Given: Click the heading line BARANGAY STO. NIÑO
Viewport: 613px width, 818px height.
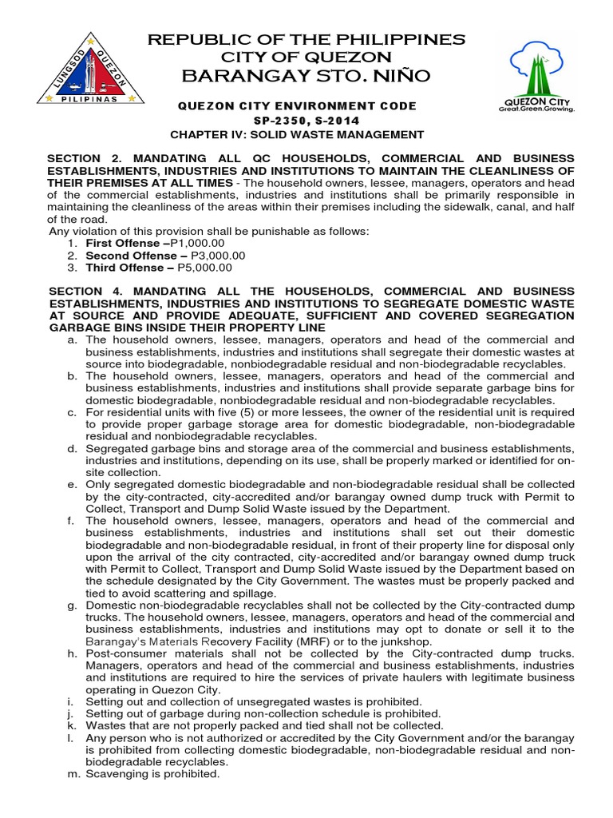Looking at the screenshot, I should click(307, 76).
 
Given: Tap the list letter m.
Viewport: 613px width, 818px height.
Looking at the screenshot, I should click(72, 774).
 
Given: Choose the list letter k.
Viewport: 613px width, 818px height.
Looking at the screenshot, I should click(72, 725).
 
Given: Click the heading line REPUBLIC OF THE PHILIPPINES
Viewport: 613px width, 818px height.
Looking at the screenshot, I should click(307, 39).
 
